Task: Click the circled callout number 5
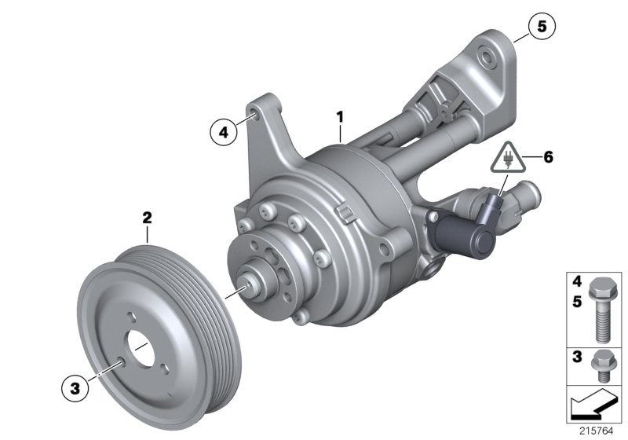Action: pos(540,25)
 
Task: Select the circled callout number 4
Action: pos(224,133)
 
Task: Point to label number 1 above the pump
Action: pos(340,116)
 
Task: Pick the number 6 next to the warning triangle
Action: pos(547,157)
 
